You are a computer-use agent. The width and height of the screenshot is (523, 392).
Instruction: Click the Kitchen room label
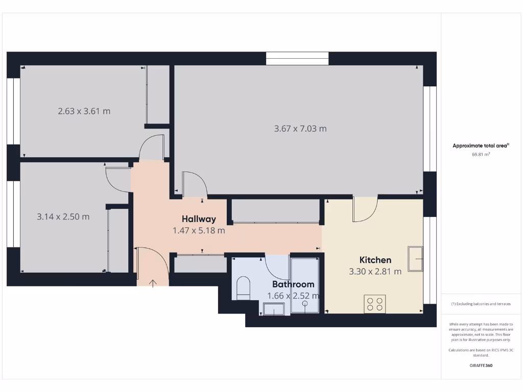coord(375,260)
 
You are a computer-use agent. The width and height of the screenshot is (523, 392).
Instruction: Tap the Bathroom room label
coord(293,284)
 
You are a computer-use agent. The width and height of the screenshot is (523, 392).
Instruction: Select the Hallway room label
coord(199,219)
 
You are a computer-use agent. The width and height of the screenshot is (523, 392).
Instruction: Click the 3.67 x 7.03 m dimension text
coord(300,129)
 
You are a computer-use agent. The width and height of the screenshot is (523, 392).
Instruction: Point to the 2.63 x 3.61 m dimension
coord(84,111)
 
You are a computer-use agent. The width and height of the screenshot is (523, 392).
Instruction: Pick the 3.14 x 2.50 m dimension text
coord(63,216)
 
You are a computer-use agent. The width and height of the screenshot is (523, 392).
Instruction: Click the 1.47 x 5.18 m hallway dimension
coord(199,230)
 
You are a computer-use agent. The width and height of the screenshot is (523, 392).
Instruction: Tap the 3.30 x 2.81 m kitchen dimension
coord(375,272)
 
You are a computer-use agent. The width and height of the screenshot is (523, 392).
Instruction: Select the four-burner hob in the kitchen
coord(374,304)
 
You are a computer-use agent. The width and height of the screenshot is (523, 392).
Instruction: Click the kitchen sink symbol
coord(415,259)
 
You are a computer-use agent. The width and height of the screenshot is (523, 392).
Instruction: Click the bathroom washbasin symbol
coord(274,308)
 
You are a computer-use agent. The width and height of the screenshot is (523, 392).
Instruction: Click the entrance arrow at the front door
coord(153,283)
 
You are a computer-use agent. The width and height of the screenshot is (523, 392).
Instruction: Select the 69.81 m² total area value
coord(481,154)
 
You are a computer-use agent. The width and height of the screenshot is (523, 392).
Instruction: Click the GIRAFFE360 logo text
coord(481,365)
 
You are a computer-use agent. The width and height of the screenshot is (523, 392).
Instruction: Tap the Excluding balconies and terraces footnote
coord(481,304)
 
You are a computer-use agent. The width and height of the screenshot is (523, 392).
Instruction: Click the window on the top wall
coord(297,58)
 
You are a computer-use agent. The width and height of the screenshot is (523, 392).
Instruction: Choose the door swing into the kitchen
coord(365,209)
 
